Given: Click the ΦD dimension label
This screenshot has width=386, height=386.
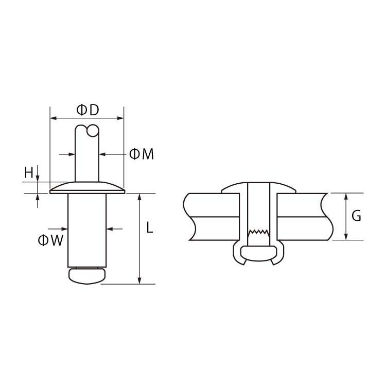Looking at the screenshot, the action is coord(87,110).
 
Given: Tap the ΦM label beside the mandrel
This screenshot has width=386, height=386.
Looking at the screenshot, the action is coord(142,154).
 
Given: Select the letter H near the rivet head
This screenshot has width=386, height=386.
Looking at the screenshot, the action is coord(28,172).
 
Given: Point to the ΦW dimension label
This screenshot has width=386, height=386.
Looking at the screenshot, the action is coord(51,240).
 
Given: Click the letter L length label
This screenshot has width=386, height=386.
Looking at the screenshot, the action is coord(150,227).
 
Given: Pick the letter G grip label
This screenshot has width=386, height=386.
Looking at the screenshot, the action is coord(356,216).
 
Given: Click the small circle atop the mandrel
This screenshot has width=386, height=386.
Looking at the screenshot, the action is coord(93,131).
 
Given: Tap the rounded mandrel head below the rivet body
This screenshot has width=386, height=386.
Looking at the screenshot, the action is coord(87,276).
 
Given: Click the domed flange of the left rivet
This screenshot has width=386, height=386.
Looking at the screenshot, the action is coord(87,188).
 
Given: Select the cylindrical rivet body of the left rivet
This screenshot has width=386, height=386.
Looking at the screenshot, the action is coord(87,230).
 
